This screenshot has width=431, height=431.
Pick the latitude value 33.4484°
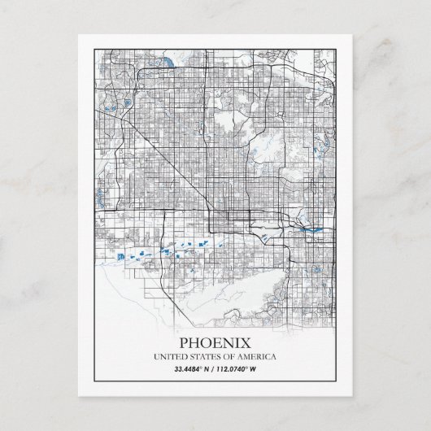189,370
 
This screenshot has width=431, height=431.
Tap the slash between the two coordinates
215,370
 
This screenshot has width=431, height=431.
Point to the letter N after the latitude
209,370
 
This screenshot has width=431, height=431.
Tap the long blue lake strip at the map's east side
313,230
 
